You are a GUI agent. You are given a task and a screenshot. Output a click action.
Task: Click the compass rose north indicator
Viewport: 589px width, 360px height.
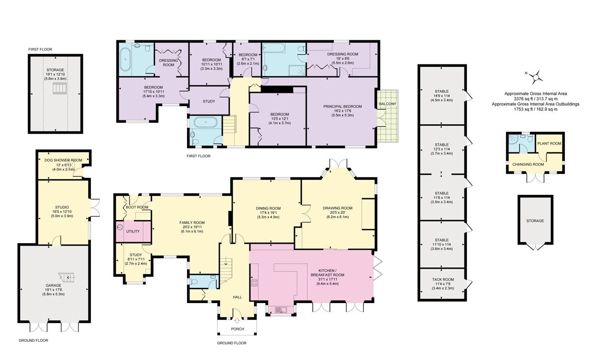coord(537,76)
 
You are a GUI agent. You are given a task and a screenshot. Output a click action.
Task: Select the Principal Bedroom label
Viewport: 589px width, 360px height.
coord(342,107)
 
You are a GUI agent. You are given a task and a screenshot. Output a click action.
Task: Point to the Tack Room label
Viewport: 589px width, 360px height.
coord(444,279)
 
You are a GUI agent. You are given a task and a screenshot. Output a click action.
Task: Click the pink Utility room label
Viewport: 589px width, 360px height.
coord(133,231)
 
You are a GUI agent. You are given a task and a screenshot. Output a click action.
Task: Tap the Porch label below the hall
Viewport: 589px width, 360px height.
coord(238,329)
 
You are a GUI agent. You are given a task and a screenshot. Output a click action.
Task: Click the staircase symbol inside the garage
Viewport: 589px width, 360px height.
coord(65,278)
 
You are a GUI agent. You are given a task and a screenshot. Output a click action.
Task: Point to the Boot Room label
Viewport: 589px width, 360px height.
coord(137,207)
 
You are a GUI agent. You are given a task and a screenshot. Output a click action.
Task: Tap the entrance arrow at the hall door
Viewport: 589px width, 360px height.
coord(238,308)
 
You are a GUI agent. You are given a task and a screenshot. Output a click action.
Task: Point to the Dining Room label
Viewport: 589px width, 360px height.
coord(268,208)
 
